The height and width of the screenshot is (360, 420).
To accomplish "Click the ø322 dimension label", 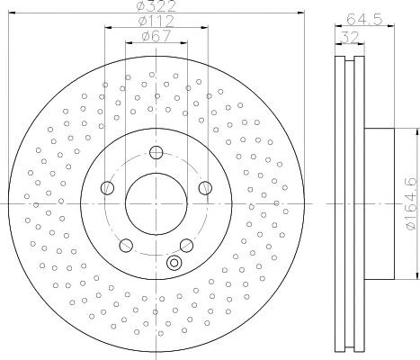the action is (x=156, y=5).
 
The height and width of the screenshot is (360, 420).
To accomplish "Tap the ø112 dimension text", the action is (x=156, y=21).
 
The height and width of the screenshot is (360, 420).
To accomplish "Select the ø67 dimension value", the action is (x=156, y=36).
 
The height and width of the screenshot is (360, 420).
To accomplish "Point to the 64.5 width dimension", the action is (x=364, y=20).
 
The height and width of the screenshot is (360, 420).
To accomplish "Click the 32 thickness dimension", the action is (x=350, y=38).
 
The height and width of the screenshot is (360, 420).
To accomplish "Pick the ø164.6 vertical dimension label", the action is (x=412, y=204).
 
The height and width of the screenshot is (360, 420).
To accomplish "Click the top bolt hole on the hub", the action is (x=156, y=152).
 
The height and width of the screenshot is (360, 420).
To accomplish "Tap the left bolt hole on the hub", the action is (x=107, y=188).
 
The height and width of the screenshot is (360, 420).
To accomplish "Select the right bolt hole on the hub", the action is (x=205, y=188).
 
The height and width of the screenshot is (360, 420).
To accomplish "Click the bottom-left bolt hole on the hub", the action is (x=126, y=246).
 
